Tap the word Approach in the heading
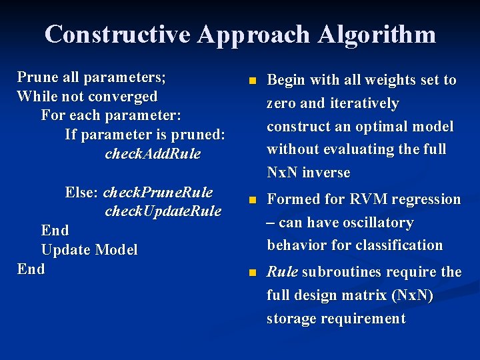[254, 35]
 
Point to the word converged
[124, 96]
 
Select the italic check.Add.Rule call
[153, 154]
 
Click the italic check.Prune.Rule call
[158, 193]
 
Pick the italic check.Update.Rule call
[163, 211]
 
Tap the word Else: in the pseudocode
[82, 193]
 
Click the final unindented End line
[31, 269]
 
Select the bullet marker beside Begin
[251, 81]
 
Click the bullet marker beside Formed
[251, 200]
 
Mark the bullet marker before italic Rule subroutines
[251, 273]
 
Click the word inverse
[326, 172]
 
